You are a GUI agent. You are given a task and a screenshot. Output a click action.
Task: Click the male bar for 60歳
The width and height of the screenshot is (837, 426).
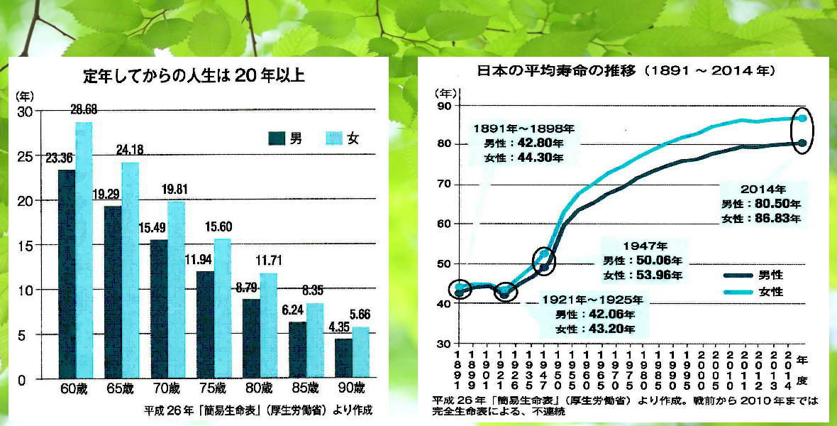pyautogui.click(x=66, y=273)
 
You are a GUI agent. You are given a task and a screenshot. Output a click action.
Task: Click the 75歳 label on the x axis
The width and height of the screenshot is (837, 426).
pyautogui.click(x=212, y=388)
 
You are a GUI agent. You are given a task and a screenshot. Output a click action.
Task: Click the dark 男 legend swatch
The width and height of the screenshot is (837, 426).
pyautogui.click(x=277, y=138)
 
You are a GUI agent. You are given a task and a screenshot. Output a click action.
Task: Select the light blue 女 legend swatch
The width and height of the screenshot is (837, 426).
pyautogui.click(x=333, y=138)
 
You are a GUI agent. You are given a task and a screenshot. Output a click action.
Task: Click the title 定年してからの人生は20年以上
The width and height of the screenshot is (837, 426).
pyautogui.click(x=194, y=76)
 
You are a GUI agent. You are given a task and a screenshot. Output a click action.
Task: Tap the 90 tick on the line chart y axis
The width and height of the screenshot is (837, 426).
pyautogui.click(x=444, y=106)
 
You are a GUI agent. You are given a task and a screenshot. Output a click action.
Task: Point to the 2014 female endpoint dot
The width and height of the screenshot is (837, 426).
pyautogui.click(x=802, y=118)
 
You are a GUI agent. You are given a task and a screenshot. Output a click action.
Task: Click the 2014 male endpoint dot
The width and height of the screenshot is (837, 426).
pyautogui.click(x=802, y=143)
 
